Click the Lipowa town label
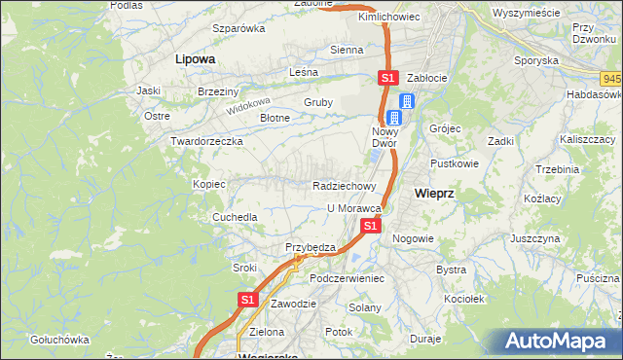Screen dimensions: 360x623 pyautogui.click(x=195, y=58)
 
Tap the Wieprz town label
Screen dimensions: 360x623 pyautogui.click(x=433, y=193)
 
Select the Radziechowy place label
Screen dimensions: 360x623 pyautogui.click(x=345, y=185)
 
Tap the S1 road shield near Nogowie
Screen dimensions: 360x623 pyautogui.click(x=370, y=226)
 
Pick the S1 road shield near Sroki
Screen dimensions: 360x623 pyautogui.click(x=248, y=301)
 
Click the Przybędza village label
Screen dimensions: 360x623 pyautogui.click(x=310, y=247)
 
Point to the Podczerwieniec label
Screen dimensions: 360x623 pyautogui.click(x=348, y=278)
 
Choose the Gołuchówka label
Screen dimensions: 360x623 pyautogui.click(x=60, y=340)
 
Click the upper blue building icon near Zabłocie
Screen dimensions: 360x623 pyautogui.click(x=407, y=100)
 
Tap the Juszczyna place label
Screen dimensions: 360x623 pyautogui.click(x=534, y=237)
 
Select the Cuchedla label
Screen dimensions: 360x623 pyautogui.click(x=236, y=217)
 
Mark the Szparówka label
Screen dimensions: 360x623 pyautogui.click(x=239, y=27)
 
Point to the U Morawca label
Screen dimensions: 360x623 pyautogui.click(x=352, y=208)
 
